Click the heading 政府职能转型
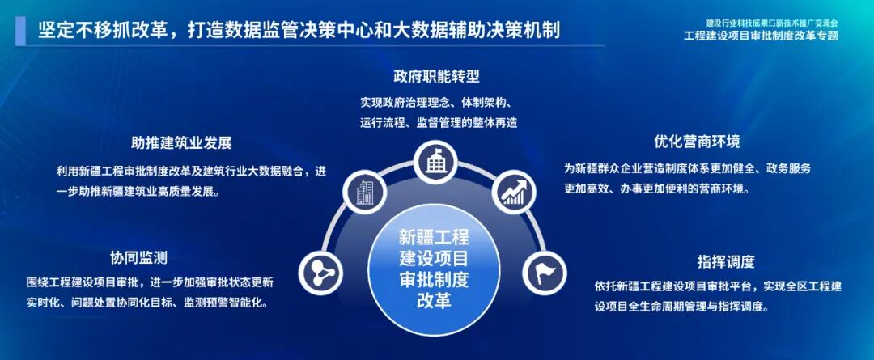point(436,78)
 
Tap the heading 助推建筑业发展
point(181,143)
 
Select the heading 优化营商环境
point(697,142)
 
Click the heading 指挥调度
point(725,262)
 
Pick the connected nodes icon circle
point(320,271)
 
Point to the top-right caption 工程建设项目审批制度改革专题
point(761,36)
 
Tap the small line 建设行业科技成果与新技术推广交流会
point(770,23)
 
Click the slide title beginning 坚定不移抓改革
point(299,31)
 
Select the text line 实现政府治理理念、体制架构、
point(436,103)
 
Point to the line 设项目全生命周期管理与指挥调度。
point(686,307)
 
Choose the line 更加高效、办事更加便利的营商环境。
point(656,188)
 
